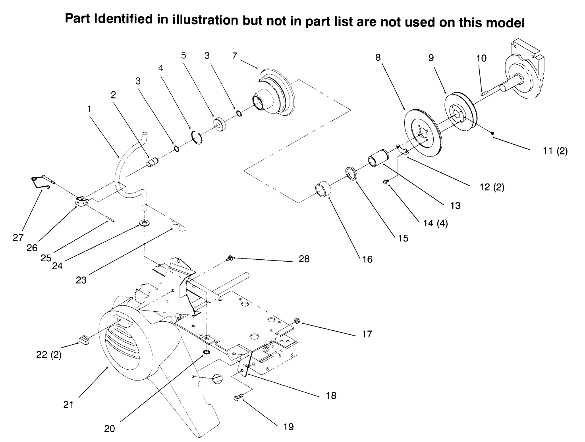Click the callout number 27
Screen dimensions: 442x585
[19, 237]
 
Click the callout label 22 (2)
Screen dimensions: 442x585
[49, 355]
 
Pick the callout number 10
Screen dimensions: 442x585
[481, 58]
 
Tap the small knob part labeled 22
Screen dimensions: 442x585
[83, 340]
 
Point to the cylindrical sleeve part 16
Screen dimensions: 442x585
[323, 190]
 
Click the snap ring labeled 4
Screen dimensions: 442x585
[197, 136]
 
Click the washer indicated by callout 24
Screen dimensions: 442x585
[142, 223]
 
